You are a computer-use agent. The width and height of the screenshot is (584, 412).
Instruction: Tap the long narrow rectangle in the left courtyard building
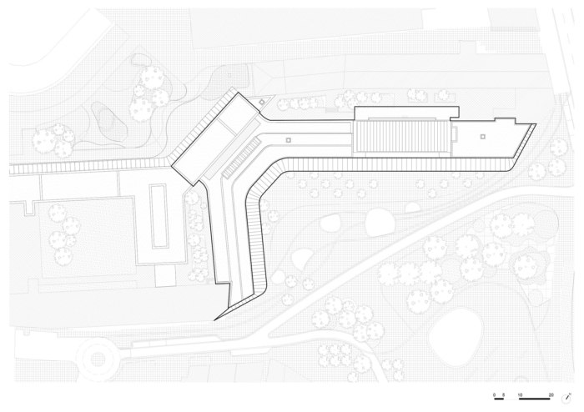(157, 214)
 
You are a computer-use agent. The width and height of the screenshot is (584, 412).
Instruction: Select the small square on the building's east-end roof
(483, 133)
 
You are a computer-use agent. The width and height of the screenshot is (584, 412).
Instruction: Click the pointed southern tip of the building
(215, 319)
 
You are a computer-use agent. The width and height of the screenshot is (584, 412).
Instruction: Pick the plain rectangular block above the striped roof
(407, 113)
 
